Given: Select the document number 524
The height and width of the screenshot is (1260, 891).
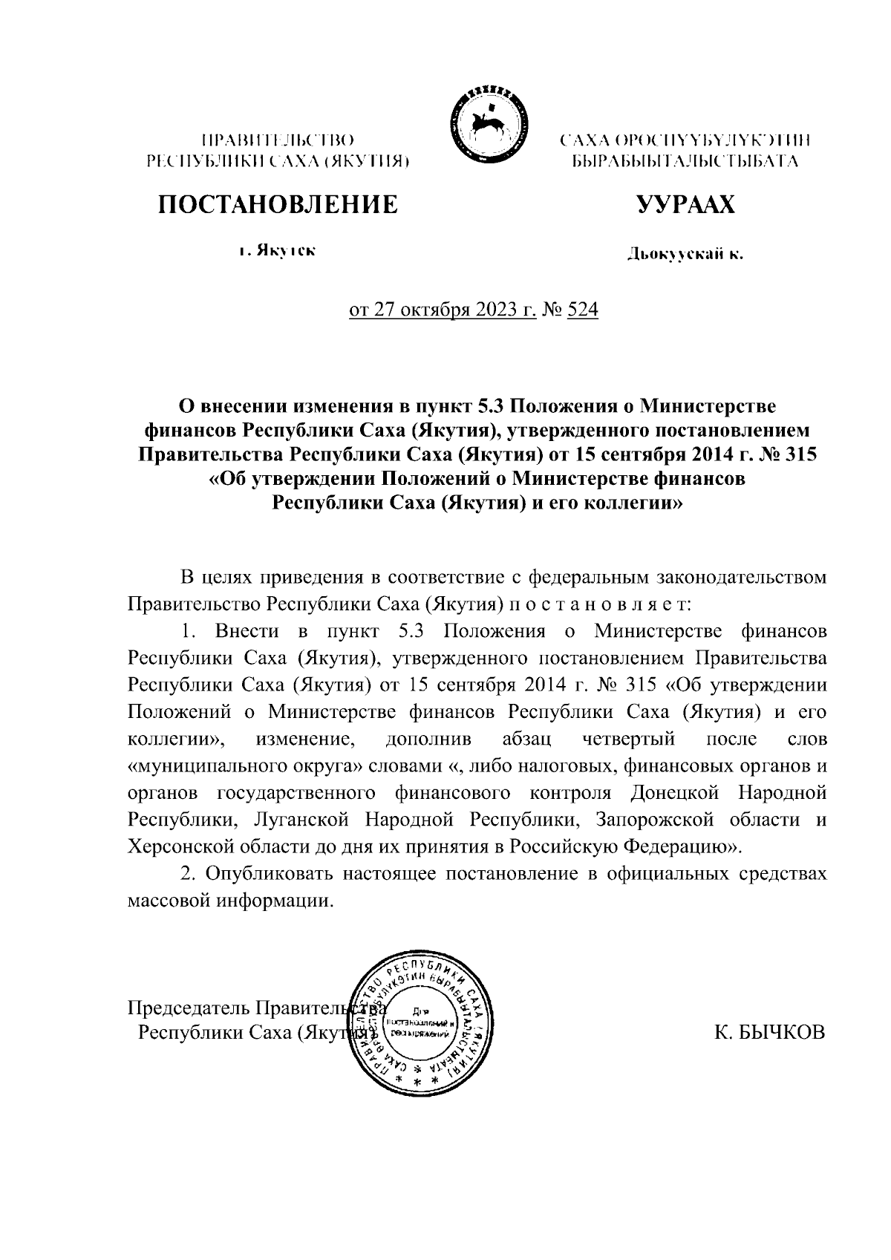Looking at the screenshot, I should point(582,310).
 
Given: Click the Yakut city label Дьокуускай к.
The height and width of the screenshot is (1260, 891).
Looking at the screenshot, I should point(685,255).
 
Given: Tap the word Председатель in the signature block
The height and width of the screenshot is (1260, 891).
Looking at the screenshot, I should point(189,1008).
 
